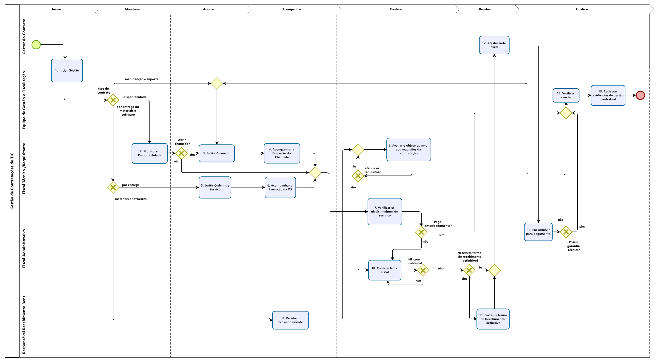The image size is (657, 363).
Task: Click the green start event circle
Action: pyautogui.click(x=36, y=45)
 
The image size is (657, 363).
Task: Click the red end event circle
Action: pyautogui.click(x=640, y=95)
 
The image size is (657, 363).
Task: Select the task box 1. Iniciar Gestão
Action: pyautogui.click(x=67, y=71)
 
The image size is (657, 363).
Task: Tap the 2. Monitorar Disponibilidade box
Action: pyautogui.click(x=149, y=153)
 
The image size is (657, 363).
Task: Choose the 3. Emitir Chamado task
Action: pyautogui.click(x=217, y=153)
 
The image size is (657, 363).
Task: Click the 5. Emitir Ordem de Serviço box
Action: pyautogui.click(x=215, y=187)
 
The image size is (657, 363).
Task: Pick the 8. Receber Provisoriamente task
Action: pyautogui.click(x=290, y=320)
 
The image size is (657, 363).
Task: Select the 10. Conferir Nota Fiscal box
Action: pyautogui.click(x=385, y=270)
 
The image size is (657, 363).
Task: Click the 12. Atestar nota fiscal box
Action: pyautogui.click(x=494, y=45)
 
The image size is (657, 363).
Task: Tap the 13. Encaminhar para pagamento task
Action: pyautogui.click(x=538, y=232)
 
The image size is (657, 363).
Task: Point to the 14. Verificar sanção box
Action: pyautogui.click(x=566, y=95)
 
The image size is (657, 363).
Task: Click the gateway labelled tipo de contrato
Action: pyautogui.click(x=113, y=100)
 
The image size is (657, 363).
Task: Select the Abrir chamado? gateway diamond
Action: pyautogui.click(x=181, y=153)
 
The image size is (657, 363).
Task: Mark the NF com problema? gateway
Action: pyautogui.click(x=423, y=270)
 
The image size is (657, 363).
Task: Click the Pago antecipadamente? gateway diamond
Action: pyautogui.click(x=421, y=232)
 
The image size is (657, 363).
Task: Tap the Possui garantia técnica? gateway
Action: pyautogui.click(x=566, y=232)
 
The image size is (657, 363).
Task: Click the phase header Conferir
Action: pyautogui.click(x=396, y=9)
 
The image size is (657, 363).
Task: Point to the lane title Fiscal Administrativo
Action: pyautogui.click(x=24, y=248)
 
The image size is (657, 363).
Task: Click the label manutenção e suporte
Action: pyautogui.click(x=141, y=79)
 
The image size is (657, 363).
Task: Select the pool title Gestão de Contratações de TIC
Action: pyautogui.click(x=12, y=181)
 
